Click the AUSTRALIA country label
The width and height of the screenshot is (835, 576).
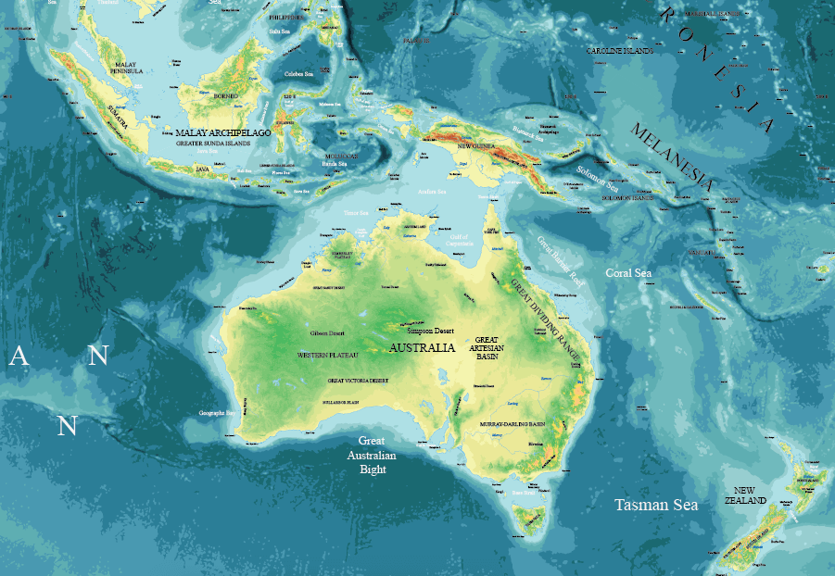[422, 348]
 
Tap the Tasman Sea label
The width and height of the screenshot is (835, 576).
[657, 505]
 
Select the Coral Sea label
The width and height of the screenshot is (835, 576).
[628, 273]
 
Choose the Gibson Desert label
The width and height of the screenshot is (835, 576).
[328, 332]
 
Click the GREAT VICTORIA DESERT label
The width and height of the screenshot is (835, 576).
[358, 381]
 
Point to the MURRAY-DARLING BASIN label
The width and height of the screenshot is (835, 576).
[512, 423]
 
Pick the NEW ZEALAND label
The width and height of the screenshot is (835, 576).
[751, 495]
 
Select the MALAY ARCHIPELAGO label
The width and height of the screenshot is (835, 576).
[222, 133]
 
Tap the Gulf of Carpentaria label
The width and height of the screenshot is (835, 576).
[459, 242]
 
